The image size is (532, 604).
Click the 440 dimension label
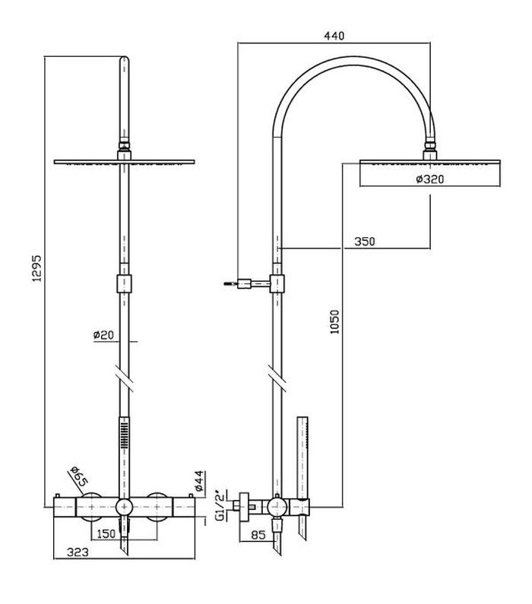coord(334,36)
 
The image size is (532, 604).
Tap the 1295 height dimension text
coord(36,267)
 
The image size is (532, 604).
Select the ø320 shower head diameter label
coord(430,179)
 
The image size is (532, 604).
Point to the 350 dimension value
coord(365,242)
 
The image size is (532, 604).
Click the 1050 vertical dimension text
coord(335,321)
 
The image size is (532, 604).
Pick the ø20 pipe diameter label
coord(103,335)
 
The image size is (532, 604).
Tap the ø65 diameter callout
coord(79,476)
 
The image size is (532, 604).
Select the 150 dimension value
coord(106,534)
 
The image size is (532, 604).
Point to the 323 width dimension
coord(78,552)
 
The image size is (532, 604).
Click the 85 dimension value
coord(258,535)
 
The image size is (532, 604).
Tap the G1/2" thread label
coord(220,505)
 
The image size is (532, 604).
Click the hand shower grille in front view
coord(125,435)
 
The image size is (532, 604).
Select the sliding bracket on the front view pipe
coord(124,284)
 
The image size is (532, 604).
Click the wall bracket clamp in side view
coord(277,284)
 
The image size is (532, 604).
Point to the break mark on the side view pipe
coord(277,378)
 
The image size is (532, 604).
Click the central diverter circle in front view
coord(125,507)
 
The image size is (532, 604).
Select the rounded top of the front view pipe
coord(125,61)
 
